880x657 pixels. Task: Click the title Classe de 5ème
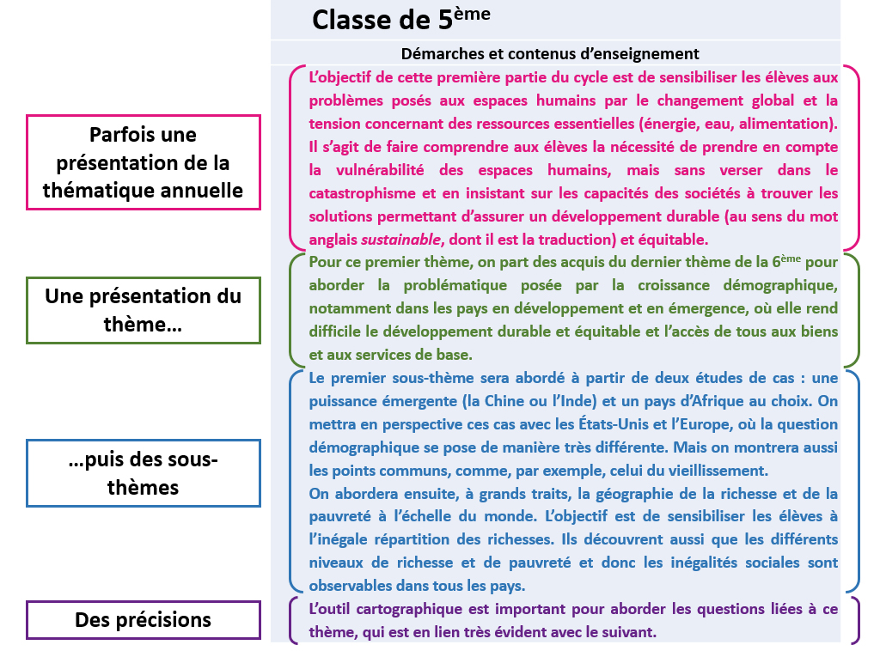401,19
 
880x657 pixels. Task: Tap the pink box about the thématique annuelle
143,162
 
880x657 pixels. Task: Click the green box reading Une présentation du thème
143,310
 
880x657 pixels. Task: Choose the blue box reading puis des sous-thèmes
143,473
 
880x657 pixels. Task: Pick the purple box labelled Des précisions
143,619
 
